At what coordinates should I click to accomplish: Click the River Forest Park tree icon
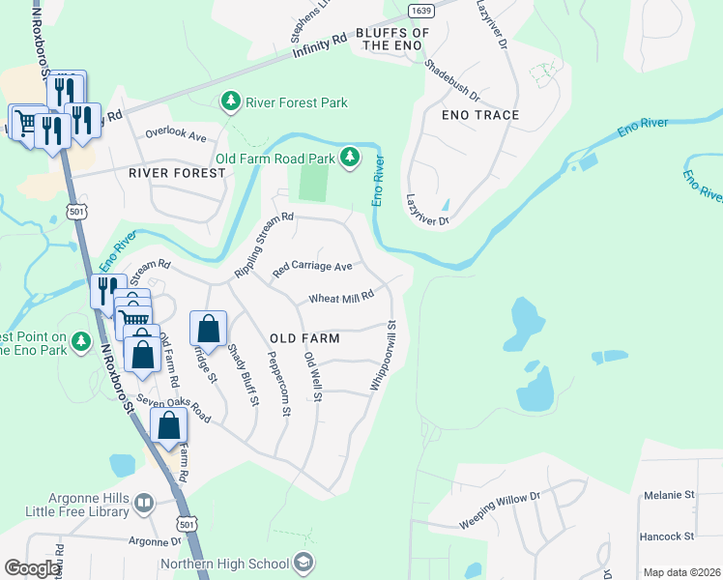tap(230, 101)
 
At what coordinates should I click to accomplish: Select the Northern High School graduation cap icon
tap(304, 564)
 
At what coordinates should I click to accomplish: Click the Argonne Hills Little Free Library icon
tap(144, 503)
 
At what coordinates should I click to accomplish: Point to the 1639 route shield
tap(419, 10)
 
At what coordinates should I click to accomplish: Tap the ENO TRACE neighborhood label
tap(480, 115)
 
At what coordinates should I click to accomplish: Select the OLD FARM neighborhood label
tap(304, 338)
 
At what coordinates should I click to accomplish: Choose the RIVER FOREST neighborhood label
tap(177, 173)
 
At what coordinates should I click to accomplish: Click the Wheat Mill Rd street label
tap(341, 299)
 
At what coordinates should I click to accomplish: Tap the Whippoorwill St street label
tap(382, 357)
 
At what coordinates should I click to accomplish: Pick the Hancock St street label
tap(668, 536)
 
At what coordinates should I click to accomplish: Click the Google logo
tap(32, 568)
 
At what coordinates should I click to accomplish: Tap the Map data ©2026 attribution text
tap(680, 572)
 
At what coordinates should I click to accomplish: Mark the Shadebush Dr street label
tap(452, 80)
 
